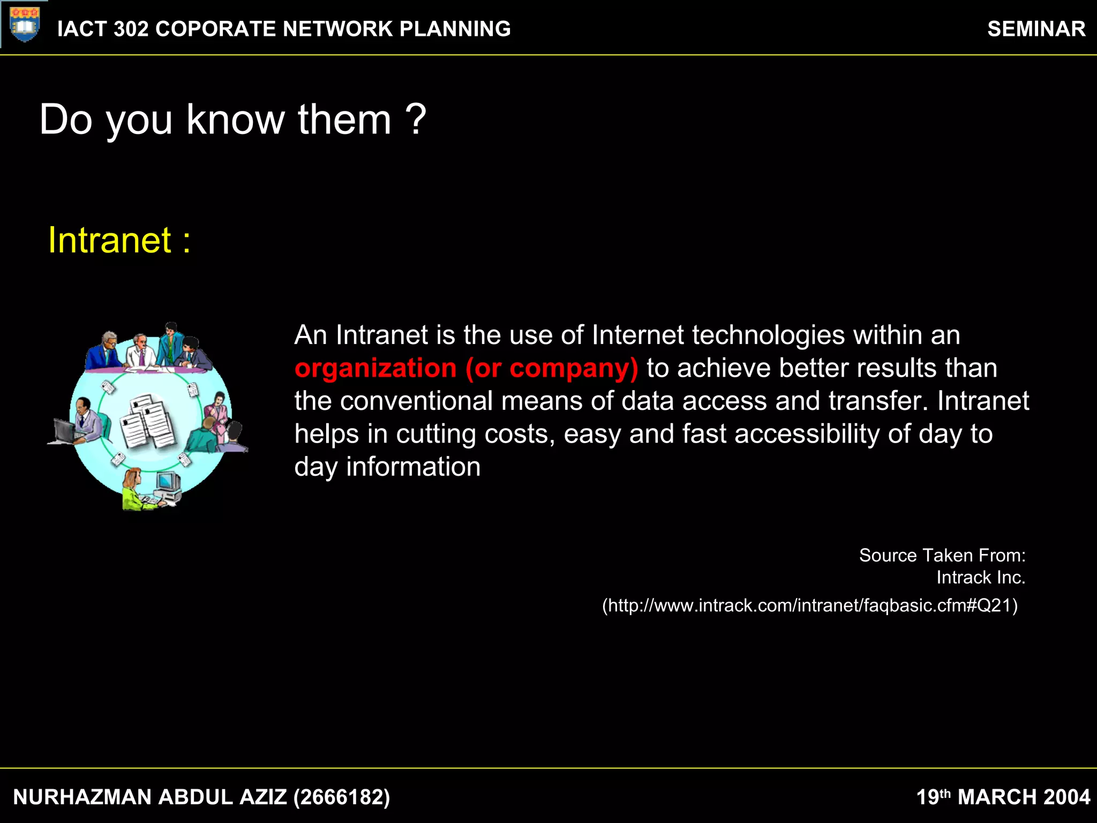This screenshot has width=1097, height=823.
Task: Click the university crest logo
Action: tap(25, 24)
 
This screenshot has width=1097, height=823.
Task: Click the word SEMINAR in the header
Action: tap(1036, 29)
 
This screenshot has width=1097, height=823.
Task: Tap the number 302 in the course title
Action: tap(131, 29)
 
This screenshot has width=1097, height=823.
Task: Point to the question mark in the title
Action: tap(416, 119)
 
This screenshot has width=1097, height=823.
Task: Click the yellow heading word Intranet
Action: tap(110, 240)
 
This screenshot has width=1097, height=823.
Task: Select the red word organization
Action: tap(375, 368)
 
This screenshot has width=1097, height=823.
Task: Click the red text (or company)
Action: tap(552, 368)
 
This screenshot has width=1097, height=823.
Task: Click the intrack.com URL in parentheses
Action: tap(809, 605)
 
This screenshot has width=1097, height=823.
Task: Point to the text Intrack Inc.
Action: tap(980, 578)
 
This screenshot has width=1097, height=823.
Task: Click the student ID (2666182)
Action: tap(342, 797)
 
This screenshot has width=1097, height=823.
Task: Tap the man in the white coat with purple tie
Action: tap(141, 351)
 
